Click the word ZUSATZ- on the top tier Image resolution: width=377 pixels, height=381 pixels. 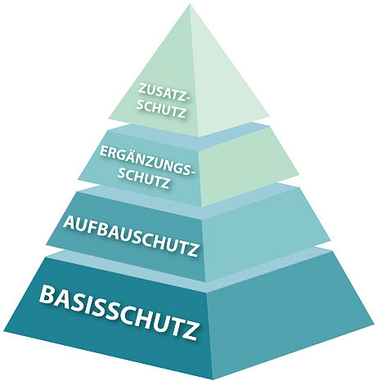pyautogui.click(x=163, y=93)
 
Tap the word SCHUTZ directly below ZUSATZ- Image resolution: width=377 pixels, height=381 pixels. pyautogui.click(x=161, y=109)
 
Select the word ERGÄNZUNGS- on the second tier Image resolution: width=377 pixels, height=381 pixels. pyautogui.click(x=147, y=160)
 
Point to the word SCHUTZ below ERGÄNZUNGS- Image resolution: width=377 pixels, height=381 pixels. pyautogui.click(x=143, y=179)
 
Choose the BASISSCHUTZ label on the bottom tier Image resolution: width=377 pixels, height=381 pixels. pyautogui.click(x=119, y=312)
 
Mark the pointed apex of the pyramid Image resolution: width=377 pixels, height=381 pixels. pyautogui.click(x=190, y=5)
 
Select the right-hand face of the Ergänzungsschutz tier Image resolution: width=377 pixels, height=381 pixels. pyautogui.click(x=248, y=166)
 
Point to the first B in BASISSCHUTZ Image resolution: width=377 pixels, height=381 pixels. pyautogui.click(x=47, y=295)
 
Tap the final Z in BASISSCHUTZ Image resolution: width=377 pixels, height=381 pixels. pyautogui.click(x=189, y=331)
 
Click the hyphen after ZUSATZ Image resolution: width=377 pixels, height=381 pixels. pyautogui.click(x=186, y=99)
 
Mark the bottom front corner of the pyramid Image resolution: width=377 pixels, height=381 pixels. pyautogui.click(x=213, y=379)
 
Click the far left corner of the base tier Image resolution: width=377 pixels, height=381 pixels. pyautogui.click(x=4, y=331)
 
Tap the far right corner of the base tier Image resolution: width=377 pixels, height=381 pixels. pyautogui.click(x=374, y=325)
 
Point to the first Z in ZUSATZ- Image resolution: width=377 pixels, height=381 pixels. pyautogui.click(x=142, y=88)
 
